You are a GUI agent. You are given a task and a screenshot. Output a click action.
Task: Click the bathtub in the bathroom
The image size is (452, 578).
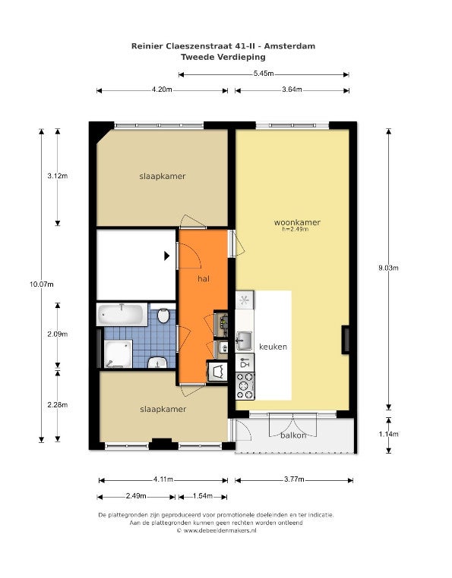point(122,315)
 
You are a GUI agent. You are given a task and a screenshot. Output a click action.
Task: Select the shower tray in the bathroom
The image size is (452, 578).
point(119,354)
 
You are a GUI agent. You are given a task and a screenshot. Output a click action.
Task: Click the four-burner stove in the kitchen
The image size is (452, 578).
point(245,386)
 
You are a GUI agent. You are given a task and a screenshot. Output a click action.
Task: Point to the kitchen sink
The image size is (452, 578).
point(244,341)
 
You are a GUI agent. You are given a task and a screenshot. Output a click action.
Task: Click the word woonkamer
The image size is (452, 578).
point(297,222)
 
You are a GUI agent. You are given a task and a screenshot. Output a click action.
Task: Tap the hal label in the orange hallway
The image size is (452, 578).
point(204,278)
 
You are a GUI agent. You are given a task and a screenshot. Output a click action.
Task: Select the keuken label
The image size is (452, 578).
point(273,347)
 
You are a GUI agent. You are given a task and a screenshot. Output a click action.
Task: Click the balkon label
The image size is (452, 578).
point(293,435)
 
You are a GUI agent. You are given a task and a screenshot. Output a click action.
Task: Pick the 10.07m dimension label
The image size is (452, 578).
point(42,284)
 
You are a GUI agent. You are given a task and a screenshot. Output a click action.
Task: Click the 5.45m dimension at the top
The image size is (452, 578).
point(264,74)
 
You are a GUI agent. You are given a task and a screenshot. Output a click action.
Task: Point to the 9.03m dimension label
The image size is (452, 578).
point(388,268)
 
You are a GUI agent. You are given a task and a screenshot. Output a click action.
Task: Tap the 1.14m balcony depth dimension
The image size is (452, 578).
point(388,434)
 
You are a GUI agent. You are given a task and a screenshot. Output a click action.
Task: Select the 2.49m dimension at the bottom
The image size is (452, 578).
point(136,496)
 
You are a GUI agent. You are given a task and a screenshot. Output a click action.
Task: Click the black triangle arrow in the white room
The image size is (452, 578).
point(167,256)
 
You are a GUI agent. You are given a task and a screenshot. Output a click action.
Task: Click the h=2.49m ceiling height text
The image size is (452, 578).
point(296,229)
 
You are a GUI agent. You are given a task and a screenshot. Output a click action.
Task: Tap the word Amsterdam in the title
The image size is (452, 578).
point(290,46)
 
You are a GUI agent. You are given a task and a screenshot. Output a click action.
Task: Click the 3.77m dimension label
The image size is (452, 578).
point(294,479)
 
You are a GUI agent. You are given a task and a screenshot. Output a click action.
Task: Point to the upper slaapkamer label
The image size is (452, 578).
point(163,176)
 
